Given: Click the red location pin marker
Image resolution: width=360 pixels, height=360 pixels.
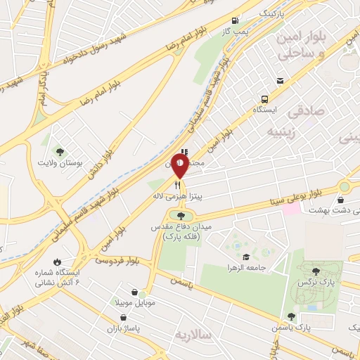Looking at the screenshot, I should pyautogui.click(x=180, y=166).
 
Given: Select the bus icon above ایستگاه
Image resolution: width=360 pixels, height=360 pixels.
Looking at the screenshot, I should pyautogui.click(x=264, y=99).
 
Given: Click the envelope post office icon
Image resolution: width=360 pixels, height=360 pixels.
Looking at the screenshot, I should pyautogui.click(x=281, y=82).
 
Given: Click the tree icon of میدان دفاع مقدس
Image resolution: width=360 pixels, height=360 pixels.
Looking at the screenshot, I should pyautogui.click(x=181, y=215).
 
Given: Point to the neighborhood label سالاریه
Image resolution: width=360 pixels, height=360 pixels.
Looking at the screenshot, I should pyautogui.click(x=194, y=335).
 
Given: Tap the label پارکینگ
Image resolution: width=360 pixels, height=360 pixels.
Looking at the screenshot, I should pyautogui.click(x=274, y=13).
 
